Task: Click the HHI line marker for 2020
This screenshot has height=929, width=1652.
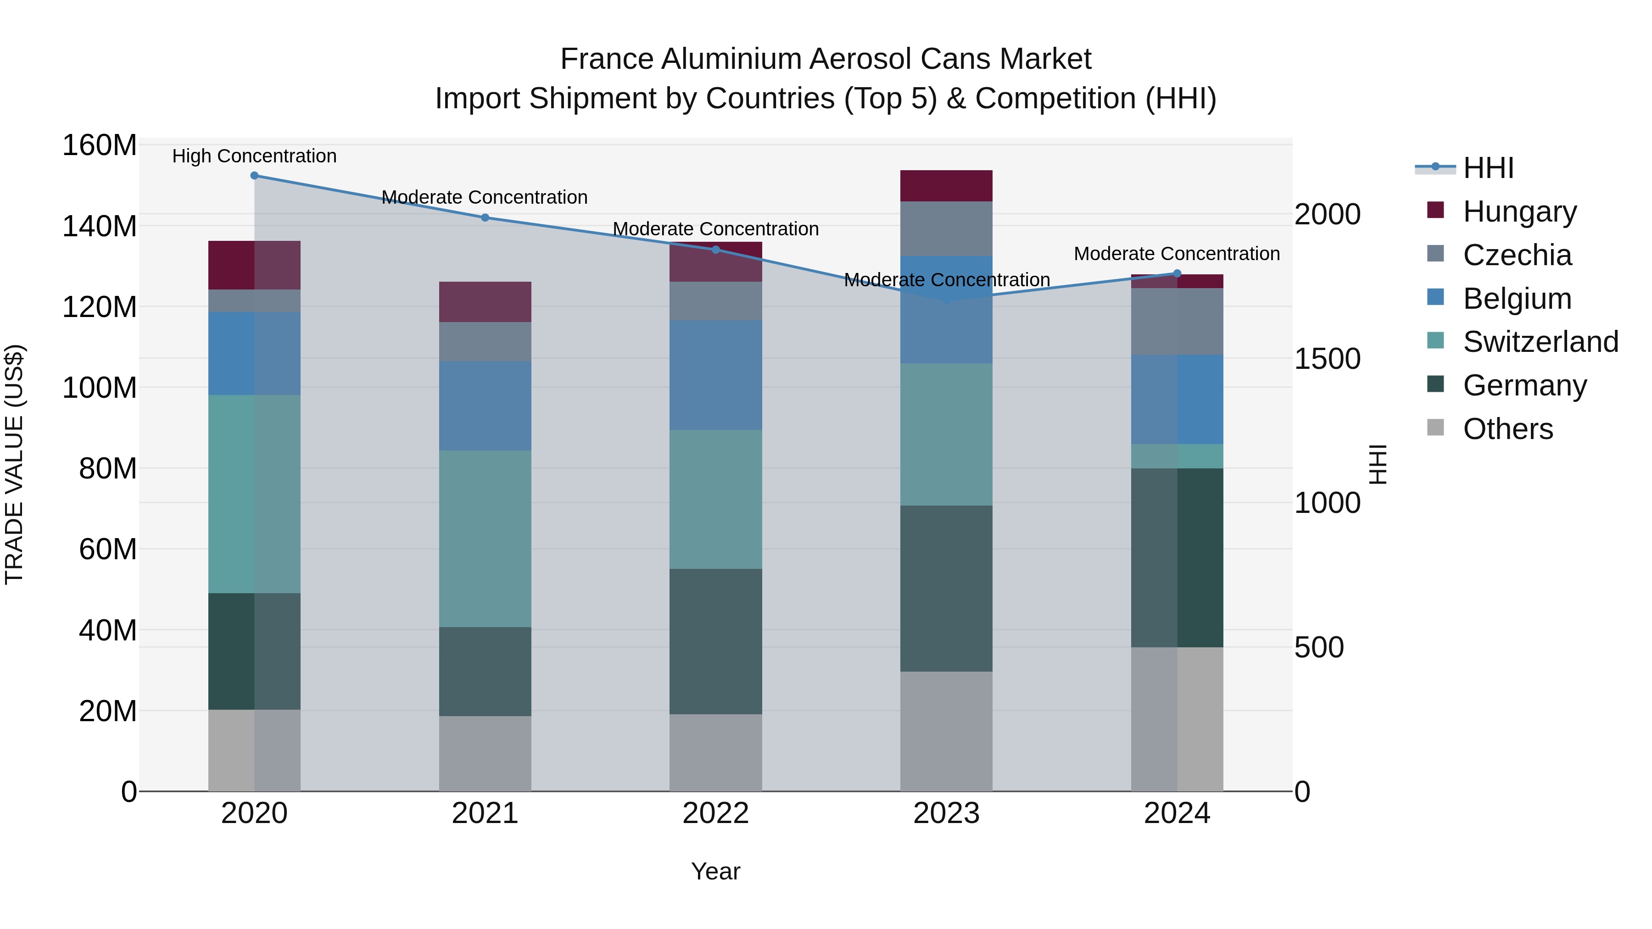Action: (255, 176)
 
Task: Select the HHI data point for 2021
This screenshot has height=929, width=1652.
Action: (485, 218)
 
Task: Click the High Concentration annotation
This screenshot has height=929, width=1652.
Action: (255, 156)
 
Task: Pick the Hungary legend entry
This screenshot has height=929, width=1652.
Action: (1519, 211)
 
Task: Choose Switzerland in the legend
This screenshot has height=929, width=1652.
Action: (1540, 342)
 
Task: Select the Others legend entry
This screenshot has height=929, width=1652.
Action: (1507, 429)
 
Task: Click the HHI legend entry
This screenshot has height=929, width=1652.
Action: (1488, 168)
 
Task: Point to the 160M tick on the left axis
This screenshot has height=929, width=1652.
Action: (100, 145)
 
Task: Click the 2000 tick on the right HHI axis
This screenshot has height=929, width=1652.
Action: (1327, 214)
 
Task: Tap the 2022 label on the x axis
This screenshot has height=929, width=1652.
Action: (716, 813)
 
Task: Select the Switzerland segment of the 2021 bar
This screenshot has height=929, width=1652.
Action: (485, 539)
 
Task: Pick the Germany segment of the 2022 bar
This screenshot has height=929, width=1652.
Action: (716, 641)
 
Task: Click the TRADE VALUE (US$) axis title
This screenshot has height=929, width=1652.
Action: (15, 464)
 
